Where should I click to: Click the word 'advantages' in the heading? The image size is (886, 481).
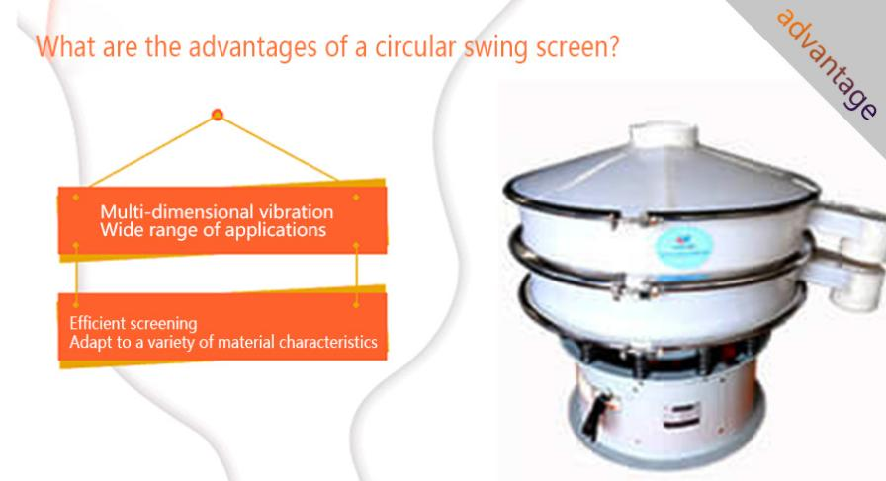(252, 46)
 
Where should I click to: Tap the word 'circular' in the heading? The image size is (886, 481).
(415, 45)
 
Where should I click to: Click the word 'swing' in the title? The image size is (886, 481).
(496, 47)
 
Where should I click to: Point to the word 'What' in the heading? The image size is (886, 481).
(66, 46)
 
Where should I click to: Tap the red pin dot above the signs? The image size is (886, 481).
(218, 116)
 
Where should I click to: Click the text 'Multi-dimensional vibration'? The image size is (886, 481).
(217, 211)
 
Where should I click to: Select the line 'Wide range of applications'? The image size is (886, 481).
(213, 230)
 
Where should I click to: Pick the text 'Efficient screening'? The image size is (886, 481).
(133, 324)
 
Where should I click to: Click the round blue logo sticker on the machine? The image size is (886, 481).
(683, 246)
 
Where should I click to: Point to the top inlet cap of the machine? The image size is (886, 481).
(664, 135)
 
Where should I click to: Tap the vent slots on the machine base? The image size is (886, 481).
(681, 415)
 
